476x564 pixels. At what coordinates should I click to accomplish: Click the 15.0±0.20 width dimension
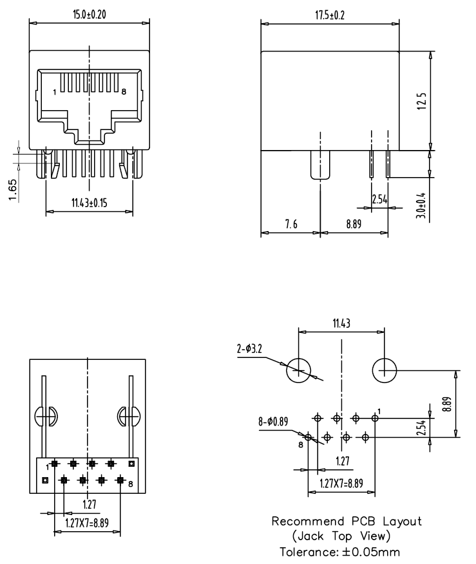pyautogui.click(x=89, y=15)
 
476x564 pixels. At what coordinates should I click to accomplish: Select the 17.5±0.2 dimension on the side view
pyautogui.click(x=329, y=15)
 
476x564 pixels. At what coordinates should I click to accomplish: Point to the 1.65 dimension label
pyautogui.click(x=13, y=189)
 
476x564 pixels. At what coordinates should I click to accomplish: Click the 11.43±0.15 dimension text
pyautogui.click(x=89, y=203)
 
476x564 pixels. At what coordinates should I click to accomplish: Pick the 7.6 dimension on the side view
pyautogui.click(x=290, y=225)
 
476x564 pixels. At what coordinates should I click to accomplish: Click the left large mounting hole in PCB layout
pyautogui.click(x=298, y=370)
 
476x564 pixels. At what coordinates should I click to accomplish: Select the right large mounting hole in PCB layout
pyautogui.click(x=385, y=370)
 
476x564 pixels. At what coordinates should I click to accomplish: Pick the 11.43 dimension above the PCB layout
pyautogui.click(x=341, y=325)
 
